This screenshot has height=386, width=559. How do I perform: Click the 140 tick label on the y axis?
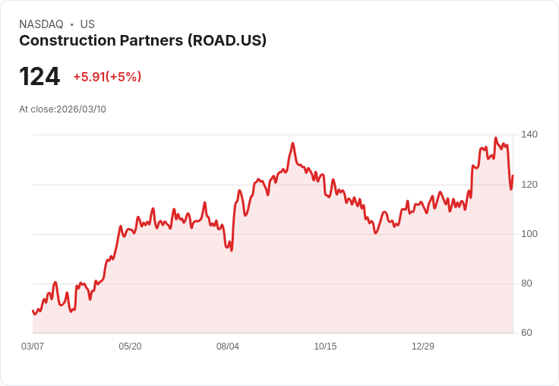click(529, 134)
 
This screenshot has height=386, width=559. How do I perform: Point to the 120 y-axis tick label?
click(529, 184)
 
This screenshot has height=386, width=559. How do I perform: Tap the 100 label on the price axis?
click(529, 233)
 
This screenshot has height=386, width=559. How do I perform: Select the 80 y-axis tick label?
click(526, 283)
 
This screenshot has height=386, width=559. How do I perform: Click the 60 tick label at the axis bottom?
click(526, 333)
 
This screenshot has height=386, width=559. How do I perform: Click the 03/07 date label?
click(33, 346)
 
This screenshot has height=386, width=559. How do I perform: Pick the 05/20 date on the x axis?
click(130, 346)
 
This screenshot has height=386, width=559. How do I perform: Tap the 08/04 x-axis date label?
click(228, 346)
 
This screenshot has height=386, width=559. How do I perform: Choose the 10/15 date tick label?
click(325, 346)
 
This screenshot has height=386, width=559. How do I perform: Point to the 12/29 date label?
click(423, 346)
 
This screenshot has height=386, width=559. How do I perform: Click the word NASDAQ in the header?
click(41, 24)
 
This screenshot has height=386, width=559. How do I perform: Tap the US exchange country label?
click(87, 24)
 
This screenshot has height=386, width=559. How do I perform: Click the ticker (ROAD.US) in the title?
click(227, 41)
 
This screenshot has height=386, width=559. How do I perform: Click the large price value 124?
click(39, 77)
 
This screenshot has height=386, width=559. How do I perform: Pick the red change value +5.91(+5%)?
click(107, 77)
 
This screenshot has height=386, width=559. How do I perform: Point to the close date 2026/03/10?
click(81, 109)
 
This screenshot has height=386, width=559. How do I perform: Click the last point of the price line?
click(513, 176)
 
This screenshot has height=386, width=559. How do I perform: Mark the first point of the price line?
click(33, 310)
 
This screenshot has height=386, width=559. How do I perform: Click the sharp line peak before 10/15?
click(293, 143)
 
